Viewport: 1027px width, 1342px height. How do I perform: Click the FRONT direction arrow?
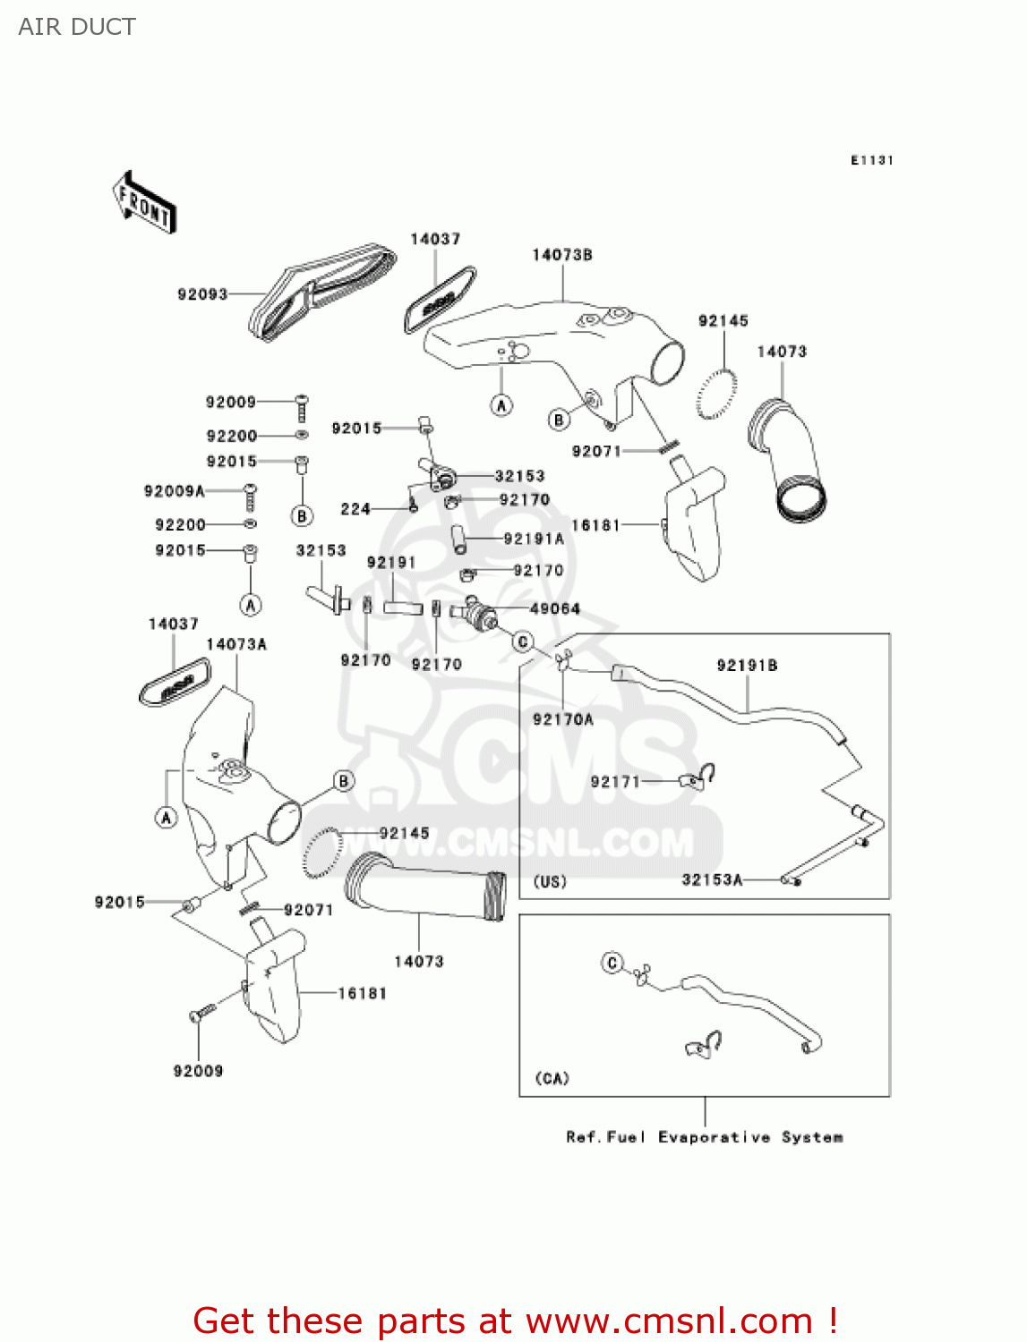click(144, 203)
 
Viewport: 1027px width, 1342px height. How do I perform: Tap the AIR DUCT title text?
click(77, 27)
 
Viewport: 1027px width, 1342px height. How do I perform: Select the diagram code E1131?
click(871, 160)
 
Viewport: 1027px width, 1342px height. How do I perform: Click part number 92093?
click(202, 294)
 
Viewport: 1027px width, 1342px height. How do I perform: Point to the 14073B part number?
click(562, 255)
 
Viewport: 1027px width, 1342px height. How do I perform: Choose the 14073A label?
click(236, 644)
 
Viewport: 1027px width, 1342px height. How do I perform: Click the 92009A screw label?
click(175, 491)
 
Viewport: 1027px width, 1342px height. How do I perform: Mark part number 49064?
click(555, 608)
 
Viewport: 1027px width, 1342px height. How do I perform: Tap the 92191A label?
click(534, 539)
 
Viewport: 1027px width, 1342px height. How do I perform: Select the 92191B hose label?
click(747, 665)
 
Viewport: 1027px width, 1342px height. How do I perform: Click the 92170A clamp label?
click(563, 719)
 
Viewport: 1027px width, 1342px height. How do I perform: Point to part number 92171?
click(615, 782)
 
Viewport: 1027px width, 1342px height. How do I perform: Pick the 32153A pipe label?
click(712, 879)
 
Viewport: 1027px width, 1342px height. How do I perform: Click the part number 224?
click(355, 509)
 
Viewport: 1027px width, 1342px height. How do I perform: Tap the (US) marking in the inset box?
click(550, 881)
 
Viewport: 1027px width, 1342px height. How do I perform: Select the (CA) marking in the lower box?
click(552, 1078)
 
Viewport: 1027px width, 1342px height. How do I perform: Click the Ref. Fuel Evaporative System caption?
click(705, 1137)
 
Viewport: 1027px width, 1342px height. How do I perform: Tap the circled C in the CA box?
click(612, 963)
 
